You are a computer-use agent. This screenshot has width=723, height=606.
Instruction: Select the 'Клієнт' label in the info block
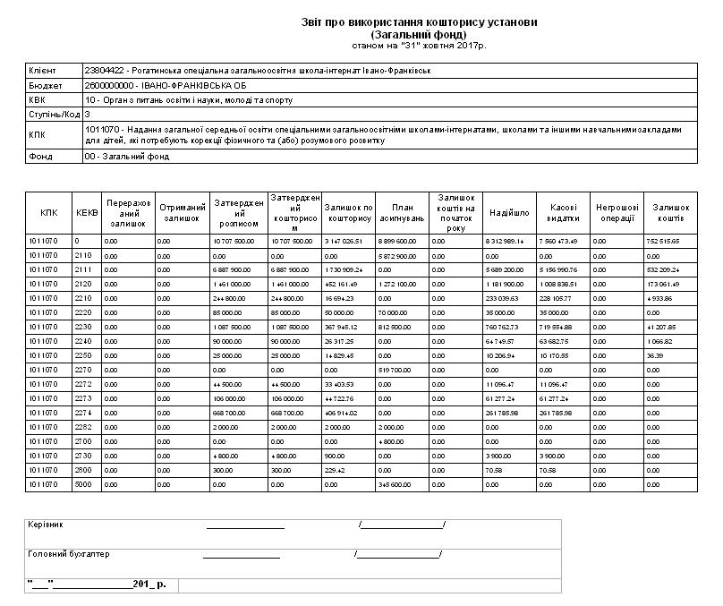point(42,70)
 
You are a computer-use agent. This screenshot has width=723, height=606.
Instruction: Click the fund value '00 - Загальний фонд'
point(126,157)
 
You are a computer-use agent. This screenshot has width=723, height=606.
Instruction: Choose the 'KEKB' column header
point(86,213)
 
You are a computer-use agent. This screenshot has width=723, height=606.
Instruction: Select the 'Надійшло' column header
point(509,213)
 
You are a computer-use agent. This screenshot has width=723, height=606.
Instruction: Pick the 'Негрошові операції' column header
point(616,213)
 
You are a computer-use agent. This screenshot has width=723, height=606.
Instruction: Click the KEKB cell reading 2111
point(82,269)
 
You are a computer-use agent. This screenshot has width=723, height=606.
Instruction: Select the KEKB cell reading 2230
point(82,327)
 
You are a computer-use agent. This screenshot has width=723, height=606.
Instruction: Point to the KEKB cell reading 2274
point(82,413)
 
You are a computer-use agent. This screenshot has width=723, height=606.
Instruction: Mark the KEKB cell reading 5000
point(82,484)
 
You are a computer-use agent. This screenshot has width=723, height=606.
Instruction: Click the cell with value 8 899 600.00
point(397,241)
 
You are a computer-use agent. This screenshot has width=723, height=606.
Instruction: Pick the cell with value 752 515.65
point(665,241)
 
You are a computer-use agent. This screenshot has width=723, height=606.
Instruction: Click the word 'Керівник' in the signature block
point(46,524)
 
